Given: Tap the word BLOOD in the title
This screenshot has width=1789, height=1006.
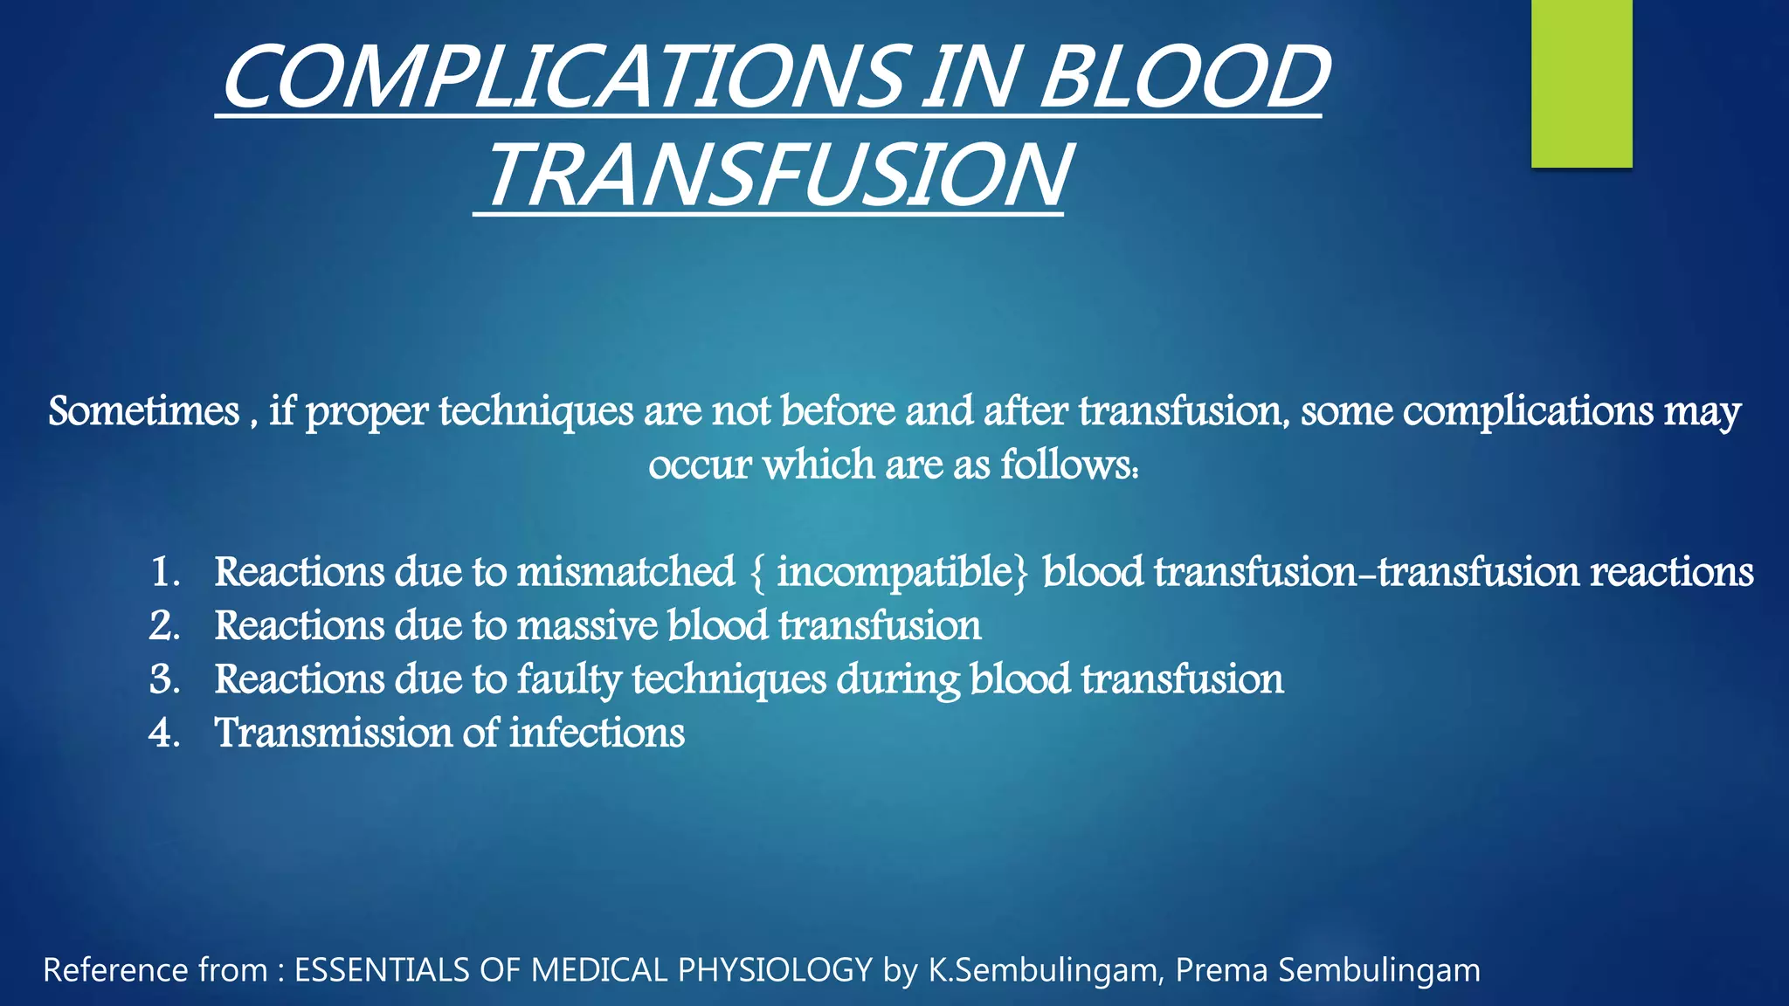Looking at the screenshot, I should [1184, 79].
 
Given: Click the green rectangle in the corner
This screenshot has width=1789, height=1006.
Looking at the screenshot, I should [1581, 83].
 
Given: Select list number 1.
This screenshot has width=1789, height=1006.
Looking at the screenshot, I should [164, 573].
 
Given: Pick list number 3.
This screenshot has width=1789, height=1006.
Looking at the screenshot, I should [164, 680].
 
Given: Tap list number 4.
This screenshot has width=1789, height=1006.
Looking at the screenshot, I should [164, 734].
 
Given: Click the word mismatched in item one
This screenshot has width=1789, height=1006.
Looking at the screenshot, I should [625, 573].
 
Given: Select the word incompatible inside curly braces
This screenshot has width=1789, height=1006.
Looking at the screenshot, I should [894, 573].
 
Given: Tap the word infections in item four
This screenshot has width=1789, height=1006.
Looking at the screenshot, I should [597, 734].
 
